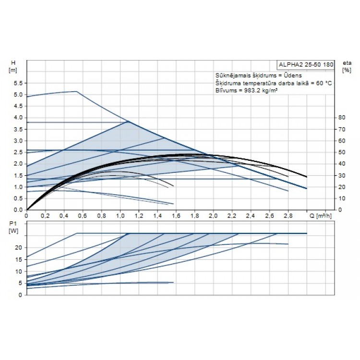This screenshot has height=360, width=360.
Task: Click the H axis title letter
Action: pyautogui.click(x=13, y=63)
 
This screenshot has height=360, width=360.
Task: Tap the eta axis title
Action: pyautogui.click(x=345, y=63)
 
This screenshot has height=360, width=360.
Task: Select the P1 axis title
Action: pyautogui.click(x=13, y=224)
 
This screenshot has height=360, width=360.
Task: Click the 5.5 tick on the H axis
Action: pyautogui.click(x=18, y=83)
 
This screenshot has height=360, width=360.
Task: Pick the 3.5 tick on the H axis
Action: pyautogui.click(x=18, y=129)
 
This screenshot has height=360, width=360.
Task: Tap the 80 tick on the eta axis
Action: pyautogui.click(x=342, y=118)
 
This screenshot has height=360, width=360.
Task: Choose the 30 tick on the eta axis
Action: pyautogui.click(x=342, y=175)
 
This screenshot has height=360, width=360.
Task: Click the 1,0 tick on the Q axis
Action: pyautogui.click(x=120, y=216)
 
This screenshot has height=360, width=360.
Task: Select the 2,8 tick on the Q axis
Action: pyautogui.click(x=288, y=216)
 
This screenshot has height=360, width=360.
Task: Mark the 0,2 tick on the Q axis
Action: pyautogui.click(x=45, y=216)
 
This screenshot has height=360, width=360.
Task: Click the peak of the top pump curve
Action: pyautogui.click(x=76, y=91)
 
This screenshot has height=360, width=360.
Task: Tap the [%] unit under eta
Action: pyautogui.click(x=345, y=70)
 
